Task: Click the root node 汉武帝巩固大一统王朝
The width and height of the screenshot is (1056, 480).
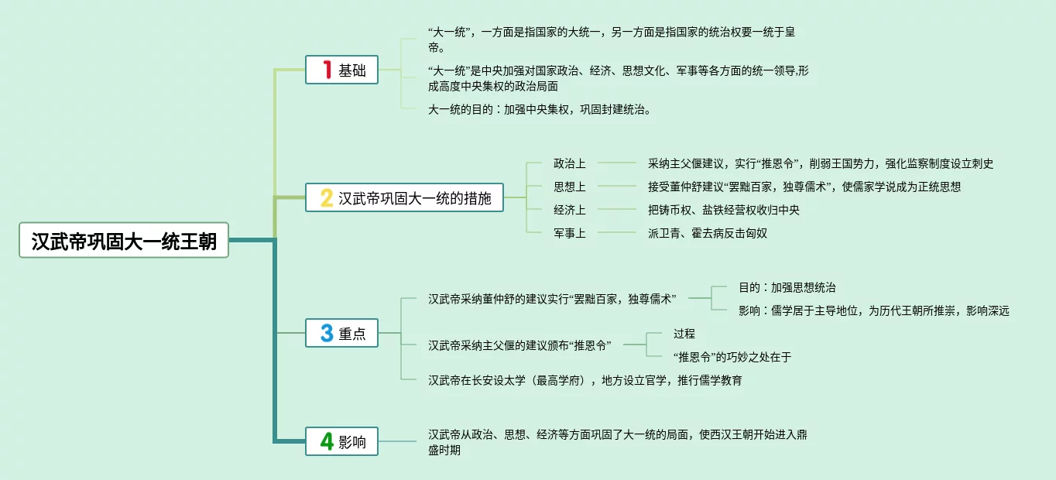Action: pyautogui.click(x=124, y=241)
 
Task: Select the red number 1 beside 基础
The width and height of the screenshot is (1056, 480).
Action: pyautogui.click(x=326, y=70)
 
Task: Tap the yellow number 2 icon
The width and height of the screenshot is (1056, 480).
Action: pyautogui.click(x=327, y=198)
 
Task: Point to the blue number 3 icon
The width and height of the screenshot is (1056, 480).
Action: pyautogui.click(x=327, y=334)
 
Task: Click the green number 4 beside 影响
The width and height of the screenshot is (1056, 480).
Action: pyautogui.click(x=327, y=442)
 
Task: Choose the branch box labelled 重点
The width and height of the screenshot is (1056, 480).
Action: pyautogui.click(x=341, y=334)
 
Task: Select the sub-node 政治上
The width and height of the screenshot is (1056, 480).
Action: pyautogui.click(x=569, y=163)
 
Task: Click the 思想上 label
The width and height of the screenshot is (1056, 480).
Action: pyautogui.click(x=569, y=187)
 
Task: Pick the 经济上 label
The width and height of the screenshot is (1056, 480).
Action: pyautogui.click(x=569, y=210)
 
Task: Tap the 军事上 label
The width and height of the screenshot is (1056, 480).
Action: pyautogui.click(x=569, y=233)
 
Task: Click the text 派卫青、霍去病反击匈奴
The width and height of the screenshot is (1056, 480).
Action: pyautogui.click(x=707, y=233)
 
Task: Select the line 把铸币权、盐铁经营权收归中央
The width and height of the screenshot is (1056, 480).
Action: pyautogui.click(x=723, y=210)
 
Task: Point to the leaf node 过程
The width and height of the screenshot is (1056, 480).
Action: pyautogui.click(x=684, y=334)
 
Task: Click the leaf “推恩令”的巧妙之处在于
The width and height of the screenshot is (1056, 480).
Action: pyautogui.click(x=732, y=357)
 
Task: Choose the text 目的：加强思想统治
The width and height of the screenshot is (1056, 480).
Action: pyautogui.click(x=787, y=287)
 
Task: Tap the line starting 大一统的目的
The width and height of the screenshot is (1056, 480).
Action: pyautogui.click(x=539, y=109)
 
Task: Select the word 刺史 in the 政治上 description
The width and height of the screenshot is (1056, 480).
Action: pyautogui.click(x=980, y=163)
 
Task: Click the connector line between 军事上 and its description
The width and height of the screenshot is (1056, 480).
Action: pyautogui.click(x=616, y=233)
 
